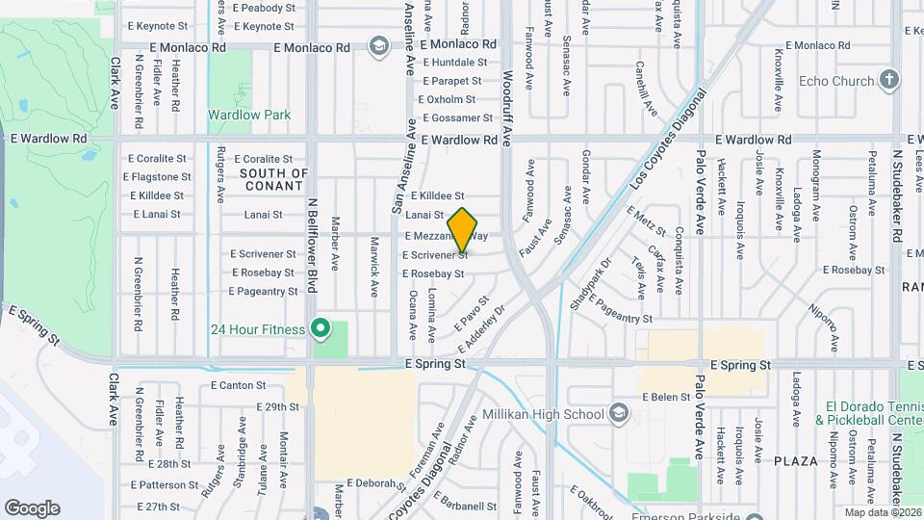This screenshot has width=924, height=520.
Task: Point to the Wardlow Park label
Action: [249, 115]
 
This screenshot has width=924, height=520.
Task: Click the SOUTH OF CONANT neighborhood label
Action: [274, 180]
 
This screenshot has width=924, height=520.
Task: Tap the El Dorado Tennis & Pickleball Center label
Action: [868, 413]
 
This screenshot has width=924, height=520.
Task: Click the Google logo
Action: [33, 508]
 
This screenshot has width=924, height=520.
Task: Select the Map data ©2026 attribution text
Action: [882, 512]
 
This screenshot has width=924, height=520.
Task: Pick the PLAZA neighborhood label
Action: [796, 461]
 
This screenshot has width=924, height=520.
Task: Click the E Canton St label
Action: [237, 386]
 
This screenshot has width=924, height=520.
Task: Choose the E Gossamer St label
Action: [455, 118]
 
